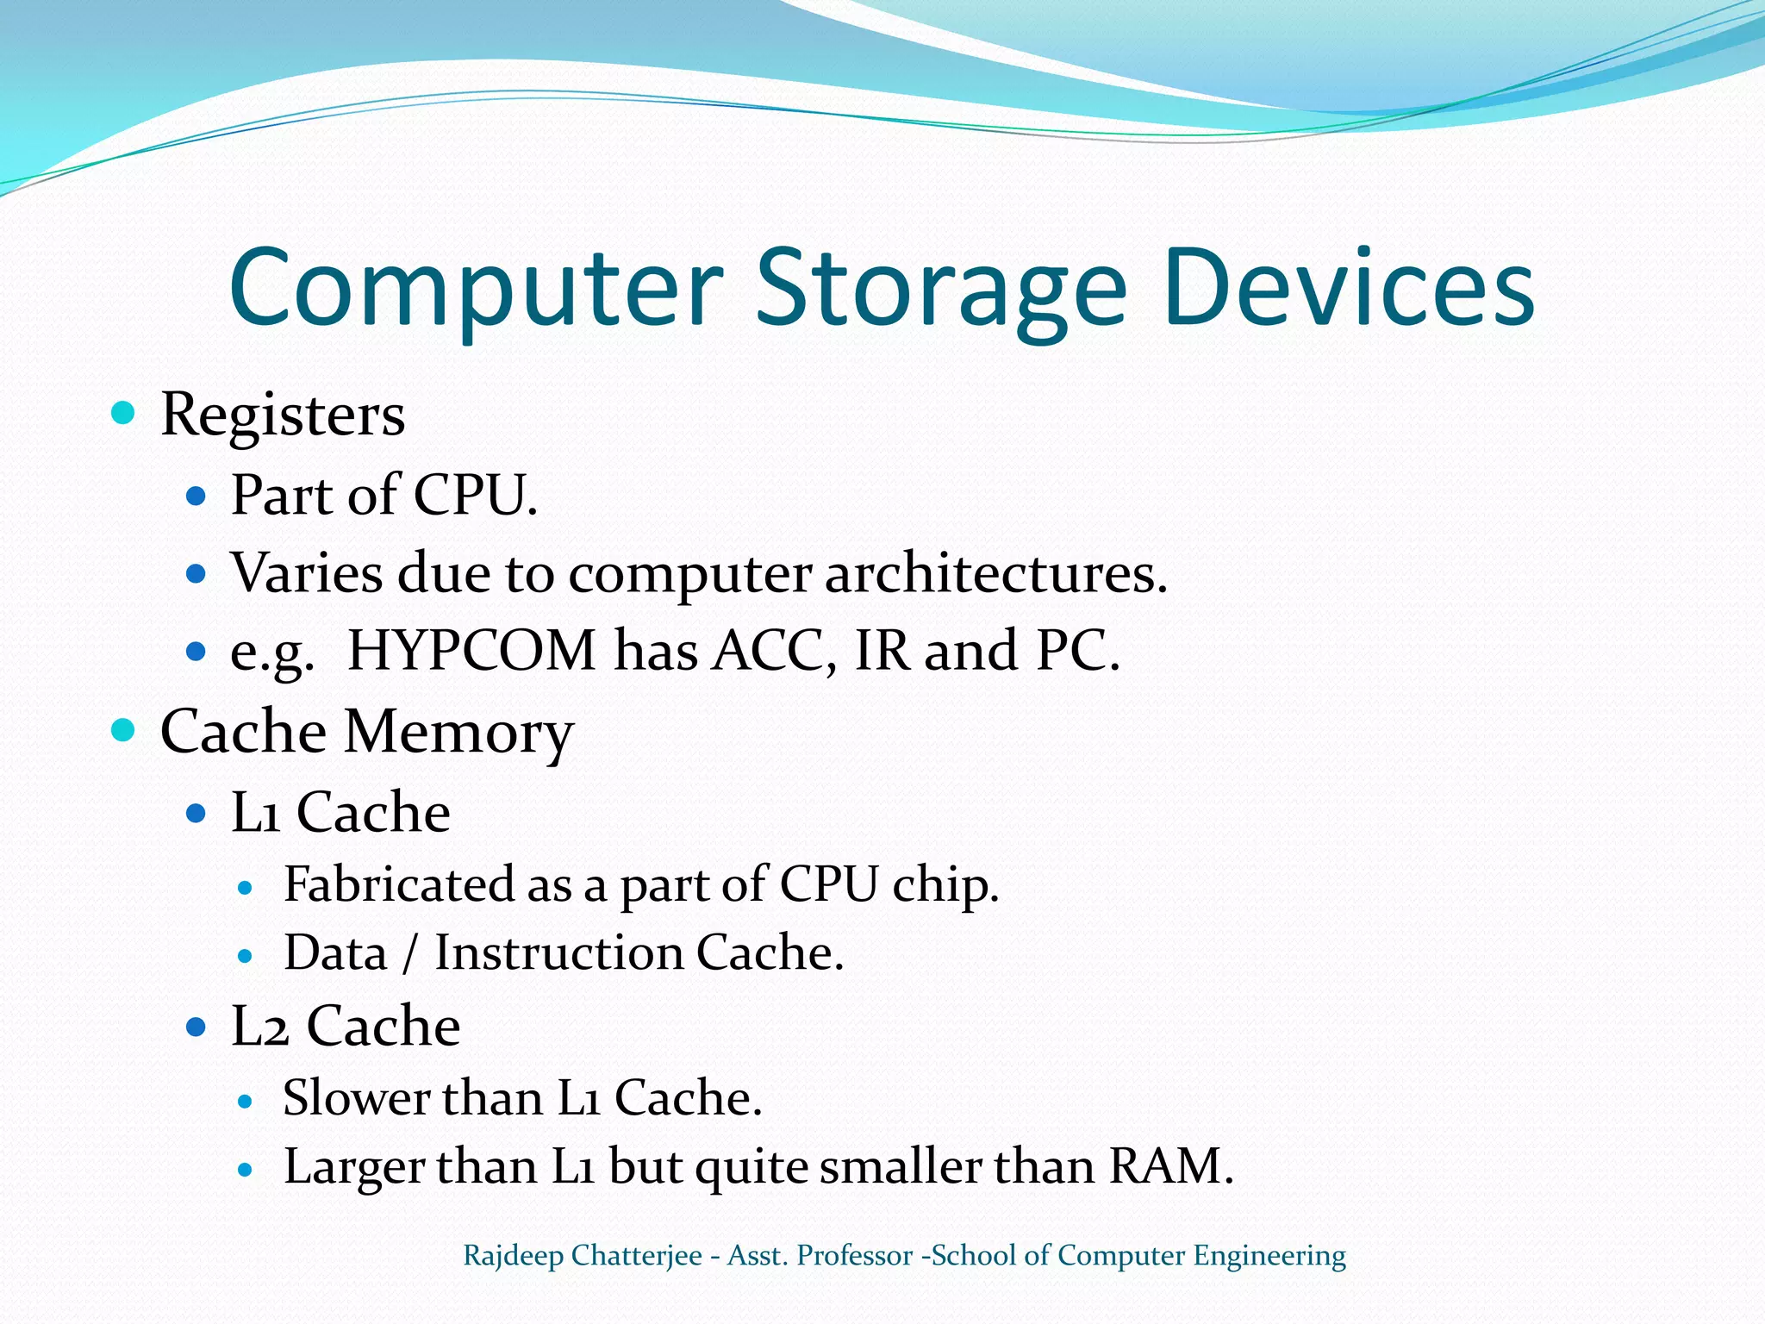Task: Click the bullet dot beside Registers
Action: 124,413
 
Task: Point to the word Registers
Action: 283,416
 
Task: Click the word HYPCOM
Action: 471,650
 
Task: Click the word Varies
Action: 306,573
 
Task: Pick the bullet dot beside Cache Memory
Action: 124,731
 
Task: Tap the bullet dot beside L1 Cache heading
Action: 196,813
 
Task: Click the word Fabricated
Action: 399,884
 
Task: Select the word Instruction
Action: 558,953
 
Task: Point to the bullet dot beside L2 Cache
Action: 196,1027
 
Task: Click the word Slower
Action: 357,1098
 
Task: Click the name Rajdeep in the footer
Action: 513,1256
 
